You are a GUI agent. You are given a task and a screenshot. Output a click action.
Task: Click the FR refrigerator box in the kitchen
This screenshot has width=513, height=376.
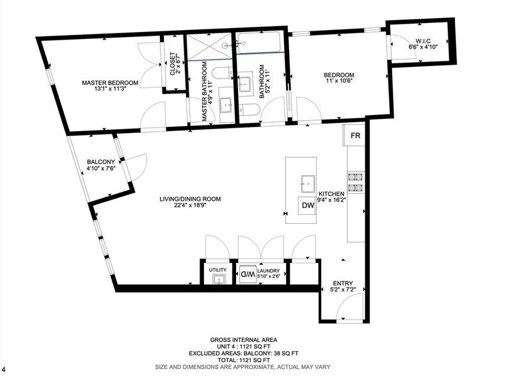point(355,136)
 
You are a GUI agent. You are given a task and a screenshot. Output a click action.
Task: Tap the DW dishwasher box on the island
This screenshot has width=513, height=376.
point(308,206)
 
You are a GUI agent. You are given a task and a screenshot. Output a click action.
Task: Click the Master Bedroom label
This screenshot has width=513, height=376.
point(109,82)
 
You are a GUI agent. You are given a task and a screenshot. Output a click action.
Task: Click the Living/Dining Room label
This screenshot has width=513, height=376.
point(190,199)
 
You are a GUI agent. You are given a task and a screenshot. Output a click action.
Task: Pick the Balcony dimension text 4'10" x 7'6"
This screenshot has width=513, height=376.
point(101,169)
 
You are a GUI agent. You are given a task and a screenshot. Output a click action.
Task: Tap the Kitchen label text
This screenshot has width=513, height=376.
point(333,194)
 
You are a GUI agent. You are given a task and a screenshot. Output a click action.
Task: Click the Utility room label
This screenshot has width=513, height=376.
point(217,270)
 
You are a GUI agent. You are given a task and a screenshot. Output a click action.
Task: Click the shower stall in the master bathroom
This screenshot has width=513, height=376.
point(209,45)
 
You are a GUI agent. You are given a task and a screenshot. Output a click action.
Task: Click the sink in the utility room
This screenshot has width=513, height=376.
point(218,279)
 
